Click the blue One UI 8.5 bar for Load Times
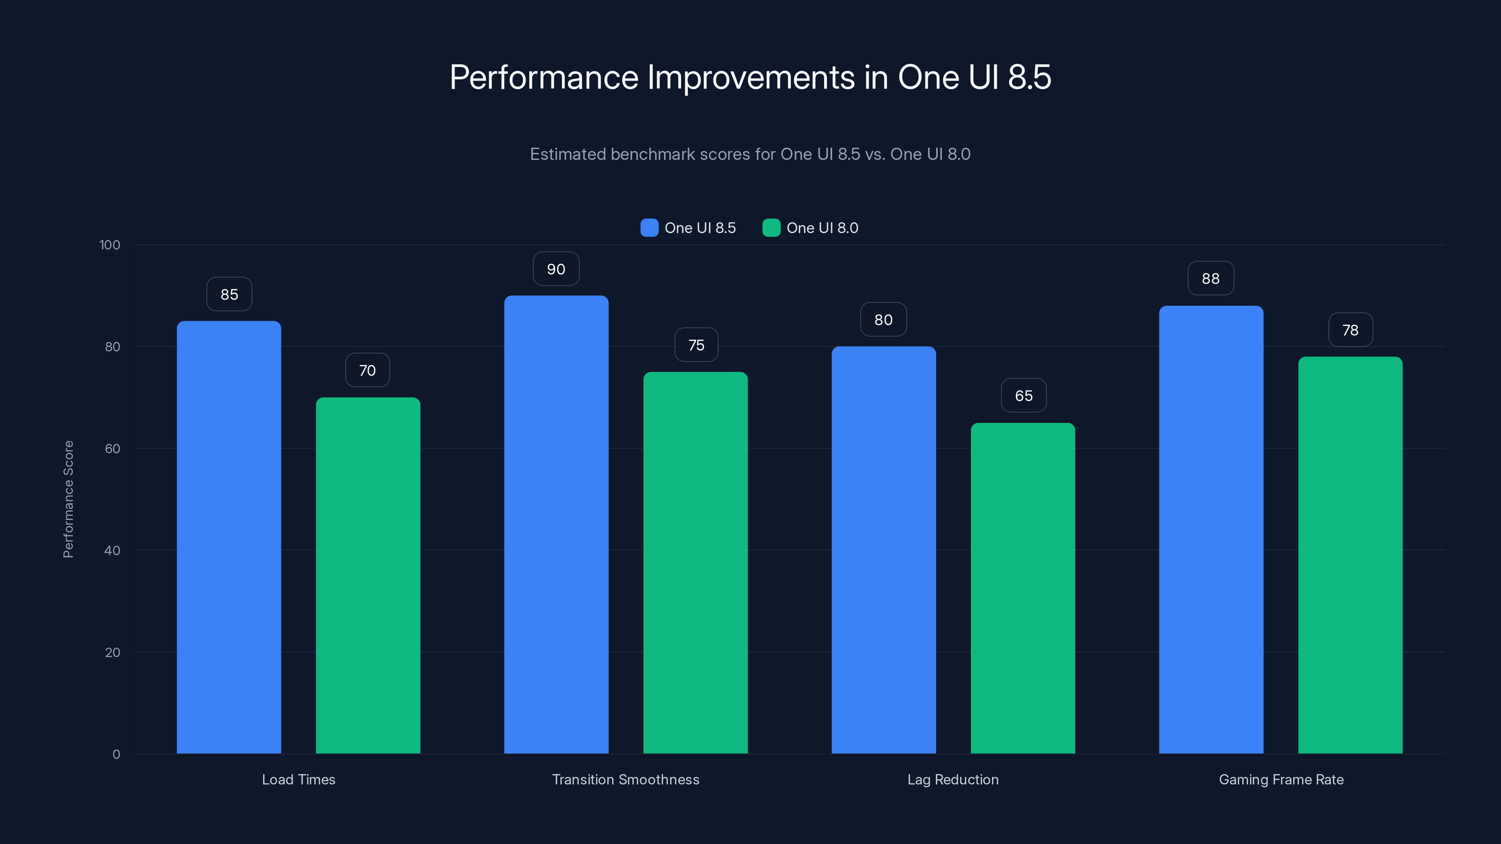(229, 536)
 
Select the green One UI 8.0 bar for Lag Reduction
(1023, 588)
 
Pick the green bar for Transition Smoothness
(695, 562)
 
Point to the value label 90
(556, 269)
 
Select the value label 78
(1350, 330)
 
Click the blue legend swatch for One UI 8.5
(649, 228)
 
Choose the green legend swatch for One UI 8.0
(771, 228)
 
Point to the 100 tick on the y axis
(110, 245)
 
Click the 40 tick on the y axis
(113, 550)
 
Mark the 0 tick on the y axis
(116, 754)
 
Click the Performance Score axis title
(68, 499)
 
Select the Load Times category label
(298, 780)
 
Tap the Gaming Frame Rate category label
(1281, 780)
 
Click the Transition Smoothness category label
(625, 780)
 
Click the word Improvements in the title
(751, 77)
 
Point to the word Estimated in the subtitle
(568, 154)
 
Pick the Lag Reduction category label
(953, 780)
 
